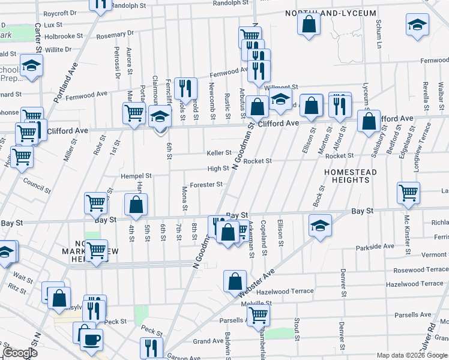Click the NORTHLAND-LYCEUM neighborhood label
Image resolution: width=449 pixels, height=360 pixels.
[331, 13]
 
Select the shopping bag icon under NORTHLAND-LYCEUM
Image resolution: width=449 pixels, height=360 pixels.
[309, 25]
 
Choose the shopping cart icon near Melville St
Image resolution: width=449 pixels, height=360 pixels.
[258, 313]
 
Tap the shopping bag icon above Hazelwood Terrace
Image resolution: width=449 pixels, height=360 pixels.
[235, 280]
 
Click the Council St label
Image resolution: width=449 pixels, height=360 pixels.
[37, 184]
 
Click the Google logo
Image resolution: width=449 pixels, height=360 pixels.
[20, 353]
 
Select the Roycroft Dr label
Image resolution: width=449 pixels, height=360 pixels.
[59, 13]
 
